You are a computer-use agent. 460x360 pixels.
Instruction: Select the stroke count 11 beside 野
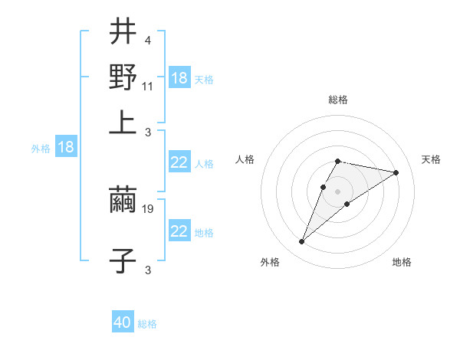[x=148, y=86]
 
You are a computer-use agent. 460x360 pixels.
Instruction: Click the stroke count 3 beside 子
[x=147, y=269]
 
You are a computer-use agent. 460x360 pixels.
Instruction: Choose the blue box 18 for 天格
[x=179, y=78]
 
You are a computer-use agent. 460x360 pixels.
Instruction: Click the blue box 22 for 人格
[x=179, y=162]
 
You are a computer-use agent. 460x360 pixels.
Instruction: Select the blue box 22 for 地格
[x=179, y=231]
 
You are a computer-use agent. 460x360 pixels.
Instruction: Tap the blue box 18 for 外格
[x=65, y=147]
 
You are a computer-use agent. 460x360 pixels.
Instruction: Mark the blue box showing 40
[x=123, y=322]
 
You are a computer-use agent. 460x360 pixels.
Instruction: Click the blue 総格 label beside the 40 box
[x=147, y=324]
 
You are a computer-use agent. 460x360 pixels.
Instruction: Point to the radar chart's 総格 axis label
[x=338, y=100]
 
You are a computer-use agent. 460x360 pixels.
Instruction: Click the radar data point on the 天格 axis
[x=396, y=172]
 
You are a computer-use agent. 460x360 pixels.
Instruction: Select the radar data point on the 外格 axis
[x=302, y=242]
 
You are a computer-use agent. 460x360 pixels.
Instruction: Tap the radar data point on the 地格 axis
[x=347, y=203]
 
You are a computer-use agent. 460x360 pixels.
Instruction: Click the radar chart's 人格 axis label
[x=245, y=159]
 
